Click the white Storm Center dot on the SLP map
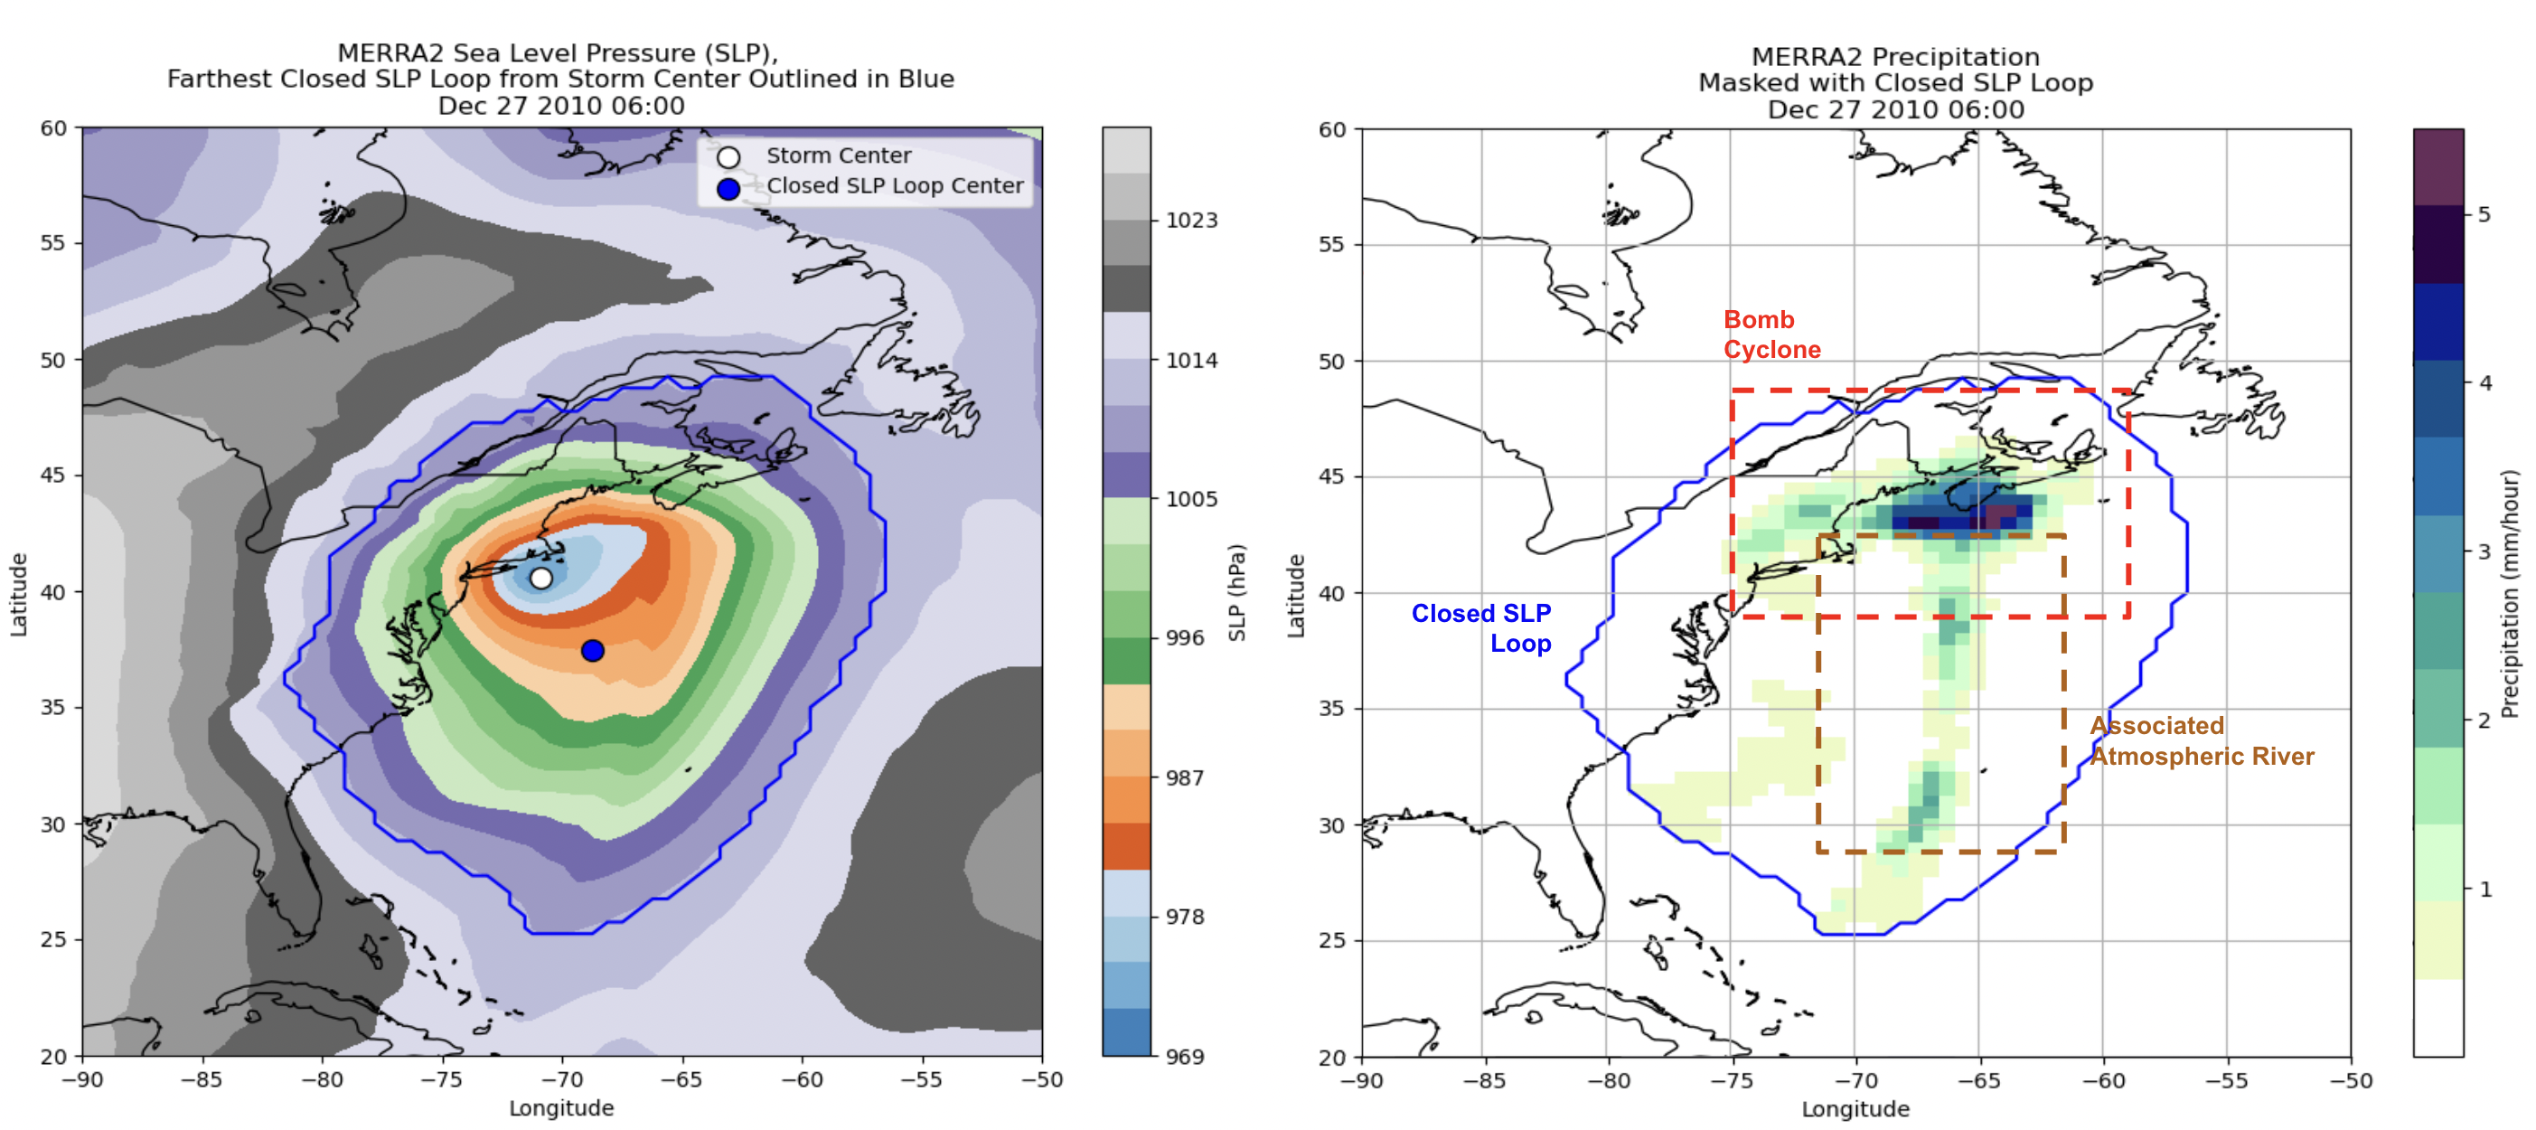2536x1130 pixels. (x=540, y=578)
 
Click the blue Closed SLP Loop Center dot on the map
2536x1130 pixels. (x=593, y=651)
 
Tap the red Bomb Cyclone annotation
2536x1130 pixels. (x=1771, y=334)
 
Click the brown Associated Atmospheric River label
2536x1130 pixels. (x=2202, y=741)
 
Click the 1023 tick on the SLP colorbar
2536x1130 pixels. (x=1191, y=221)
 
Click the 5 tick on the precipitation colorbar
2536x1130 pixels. (x=2484, y=214)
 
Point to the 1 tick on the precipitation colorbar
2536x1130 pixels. (x=2484, y=890)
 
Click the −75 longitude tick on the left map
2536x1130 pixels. (x=441, y=1079)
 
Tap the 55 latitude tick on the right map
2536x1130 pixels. (x=1331, y=244)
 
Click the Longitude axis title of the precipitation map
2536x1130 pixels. (x=1855, y=1109)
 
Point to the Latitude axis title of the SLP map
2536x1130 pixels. (x=19, y=594)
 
